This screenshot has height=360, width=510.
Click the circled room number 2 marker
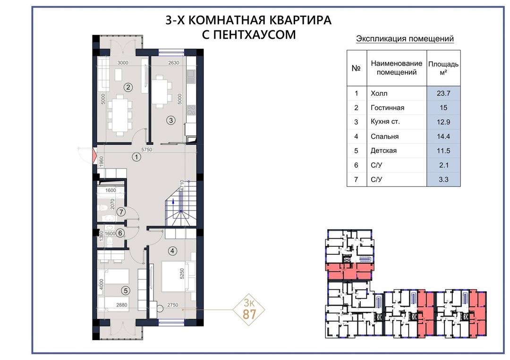(128, 87)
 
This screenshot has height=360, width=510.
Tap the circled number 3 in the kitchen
(171, 120)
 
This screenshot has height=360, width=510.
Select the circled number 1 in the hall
(136, 157)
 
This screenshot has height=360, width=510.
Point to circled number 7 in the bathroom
(121, 212)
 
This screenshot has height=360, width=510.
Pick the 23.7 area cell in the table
(443, 93)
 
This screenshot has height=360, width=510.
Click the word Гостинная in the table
(387, 108)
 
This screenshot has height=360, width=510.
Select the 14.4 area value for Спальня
(443, 136)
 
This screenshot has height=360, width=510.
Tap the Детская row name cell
(397, 151)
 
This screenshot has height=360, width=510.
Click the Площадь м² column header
(443, 68)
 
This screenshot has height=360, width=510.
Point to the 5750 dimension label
(147, 150)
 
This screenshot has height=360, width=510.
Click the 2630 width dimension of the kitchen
(174, 63)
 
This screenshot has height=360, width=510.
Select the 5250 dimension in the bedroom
(182, 273)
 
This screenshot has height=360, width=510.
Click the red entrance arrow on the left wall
(95, 155)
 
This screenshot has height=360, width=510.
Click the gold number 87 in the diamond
(249, 315)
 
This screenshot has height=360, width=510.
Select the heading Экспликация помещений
(405, 39)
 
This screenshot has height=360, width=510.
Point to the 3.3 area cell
(443, 179)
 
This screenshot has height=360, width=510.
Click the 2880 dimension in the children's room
(122, 305)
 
